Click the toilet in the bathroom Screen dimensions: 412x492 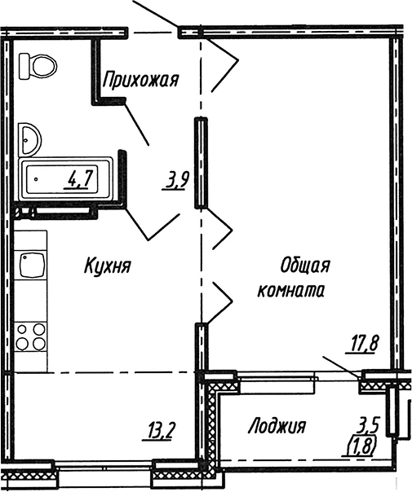pos(38,66)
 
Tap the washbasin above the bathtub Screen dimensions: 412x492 pos(29,139)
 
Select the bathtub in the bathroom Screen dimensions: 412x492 pos(66,179)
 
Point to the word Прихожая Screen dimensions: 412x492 pos(140,79)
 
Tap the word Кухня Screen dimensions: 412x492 pos(108,266)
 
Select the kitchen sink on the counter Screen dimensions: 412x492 pos(33,265)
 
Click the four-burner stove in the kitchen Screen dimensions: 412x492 pos(31,337)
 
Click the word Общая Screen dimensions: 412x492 pos(305,266)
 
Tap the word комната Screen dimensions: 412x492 pos(291,290)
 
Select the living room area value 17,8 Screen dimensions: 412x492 pos(361,345)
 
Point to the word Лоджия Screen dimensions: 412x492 pos(277,427)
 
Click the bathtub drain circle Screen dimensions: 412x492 pos(36,179)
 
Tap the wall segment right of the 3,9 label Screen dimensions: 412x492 pos(201,162)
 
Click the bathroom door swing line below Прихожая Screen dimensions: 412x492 pos(137,124)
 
